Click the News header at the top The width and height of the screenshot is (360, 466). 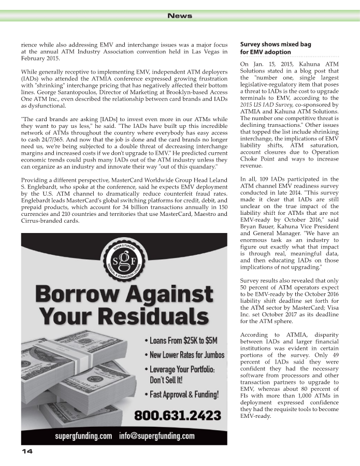(x=180, y=16)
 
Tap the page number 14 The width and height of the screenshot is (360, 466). (x=27, y=452)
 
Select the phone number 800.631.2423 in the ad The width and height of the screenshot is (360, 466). (x=178, y=415)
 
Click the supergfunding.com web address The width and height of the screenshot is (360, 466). (x=84, y=435)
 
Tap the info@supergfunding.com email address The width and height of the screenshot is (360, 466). (x=157, y=435)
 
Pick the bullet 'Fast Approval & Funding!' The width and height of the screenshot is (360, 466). (x=184, y=395)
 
